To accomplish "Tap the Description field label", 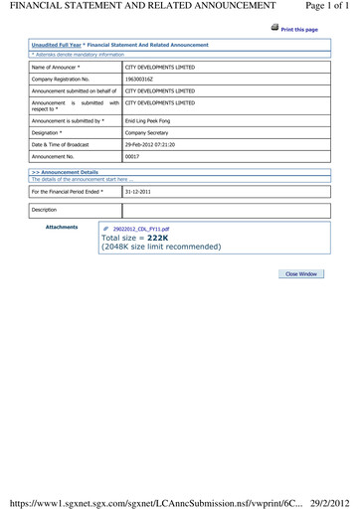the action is [45, 210].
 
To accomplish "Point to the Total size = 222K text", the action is [135, 239].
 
